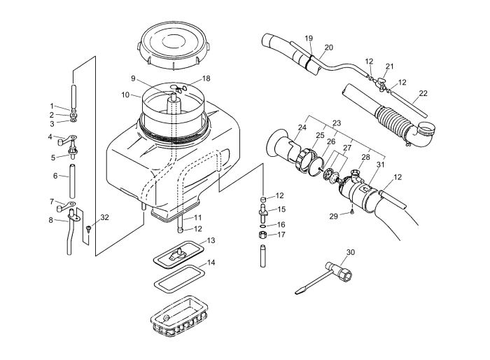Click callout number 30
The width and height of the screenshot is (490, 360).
click(351, 252)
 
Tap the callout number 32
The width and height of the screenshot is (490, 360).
click(104, 218)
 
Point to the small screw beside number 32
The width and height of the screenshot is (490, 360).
click(90, 228)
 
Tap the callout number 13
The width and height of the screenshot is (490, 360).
click(211, 240)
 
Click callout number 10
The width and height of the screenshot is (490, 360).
click(125, 94)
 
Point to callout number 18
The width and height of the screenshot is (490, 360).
click(206, 78)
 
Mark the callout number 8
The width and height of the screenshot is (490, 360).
click(51, 220)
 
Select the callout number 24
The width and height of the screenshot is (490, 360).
click(302, 127)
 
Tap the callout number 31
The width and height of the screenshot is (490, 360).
click(381, 164)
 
